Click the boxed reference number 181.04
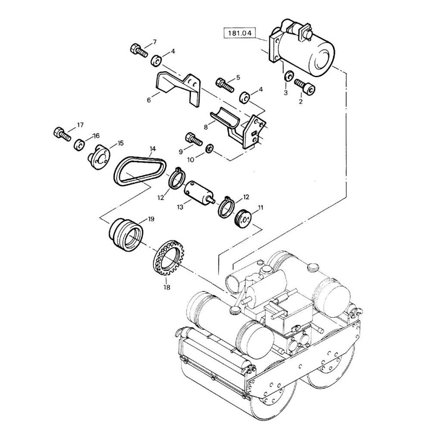click(x=239, y=33)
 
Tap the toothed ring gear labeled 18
click(x=168, y=258)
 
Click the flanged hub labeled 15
click(x=98, y=157)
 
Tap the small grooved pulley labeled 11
click(x=243, y=217)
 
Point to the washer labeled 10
click(x=209, y=148)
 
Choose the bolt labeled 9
click(x=194, y=139)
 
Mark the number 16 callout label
click(x=96, y=136)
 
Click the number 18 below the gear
click(x=166, y=287)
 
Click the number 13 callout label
click(x=180, y=207)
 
